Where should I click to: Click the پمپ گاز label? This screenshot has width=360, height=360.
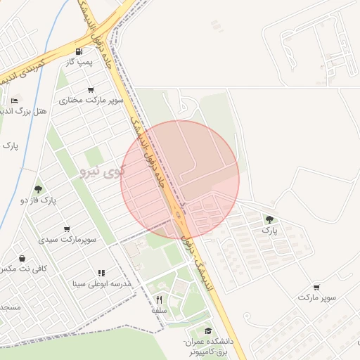80,63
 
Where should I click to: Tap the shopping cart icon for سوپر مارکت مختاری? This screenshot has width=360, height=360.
90,89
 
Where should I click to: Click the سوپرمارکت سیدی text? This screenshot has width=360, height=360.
67,240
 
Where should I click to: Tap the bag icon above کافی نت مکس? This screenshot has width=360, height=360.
23,257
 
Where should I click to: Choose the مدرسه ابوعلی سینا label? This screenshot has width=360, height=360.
98,284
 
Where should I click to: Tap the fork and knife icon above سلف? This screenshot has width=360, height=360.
159,298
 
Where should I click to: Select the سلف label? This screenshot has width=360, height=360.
159,309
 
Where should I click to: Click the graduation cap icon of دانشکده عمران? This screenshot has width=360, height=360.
207,330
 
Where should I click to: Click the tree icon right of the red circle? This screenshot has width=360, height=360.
269,219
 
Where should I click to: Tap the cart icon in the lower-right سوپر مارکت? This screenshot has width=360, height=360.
316,287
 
